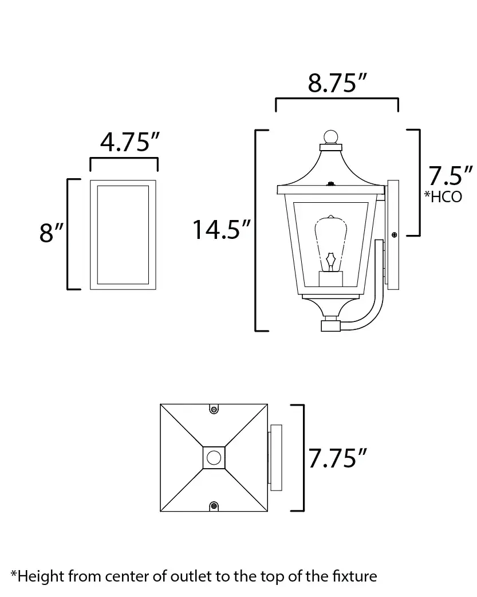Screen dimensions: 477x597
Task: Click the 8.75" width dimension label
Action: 337,83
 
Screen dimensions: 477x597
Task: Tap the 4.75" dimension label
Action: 130,142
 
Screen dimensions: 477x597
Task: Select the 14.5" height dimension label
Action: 222,230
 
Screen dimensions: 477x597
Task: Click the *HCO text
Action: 443,197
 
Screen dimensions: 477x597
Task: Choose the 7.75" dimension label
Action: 337,458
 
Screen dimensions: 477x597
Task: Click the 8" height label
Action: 52,233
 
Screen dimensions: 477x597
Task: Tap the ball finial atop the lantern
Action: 331,137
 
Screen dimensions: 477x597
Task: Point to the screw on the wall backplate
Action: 394,235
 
